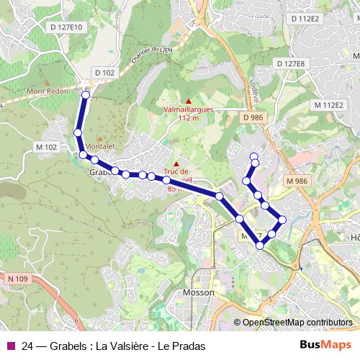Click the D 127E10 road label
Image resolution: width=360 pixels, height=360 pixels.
(67, 27)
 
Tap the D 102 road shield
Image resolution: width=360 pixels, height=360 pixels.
(104, 72)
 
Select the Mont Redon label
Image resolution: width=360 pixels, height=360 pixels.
(45, 91)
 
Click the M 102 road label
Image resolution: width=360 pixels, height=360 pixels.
(45, 147)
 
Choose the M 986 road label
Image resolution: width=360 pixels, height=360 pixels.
(297, 180)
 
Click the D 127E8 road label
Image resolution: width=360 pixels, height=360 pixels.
(290, 64)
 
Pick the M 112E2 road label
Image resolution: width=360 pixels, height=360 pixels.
(329, 105)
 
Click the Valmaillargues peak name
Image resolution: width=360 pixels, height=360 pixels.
(188, 109)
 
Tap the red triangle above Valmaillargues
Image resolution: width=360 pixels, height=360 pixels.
(188, 100)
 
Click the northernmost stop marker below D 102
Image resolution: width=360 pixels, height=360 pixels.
(86, 94)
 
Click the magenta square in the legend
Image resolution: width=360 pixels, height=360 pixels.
(10, 346)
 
